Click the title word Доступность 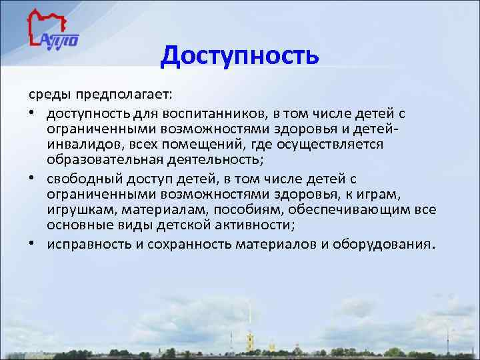click(x=239, y=55)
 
